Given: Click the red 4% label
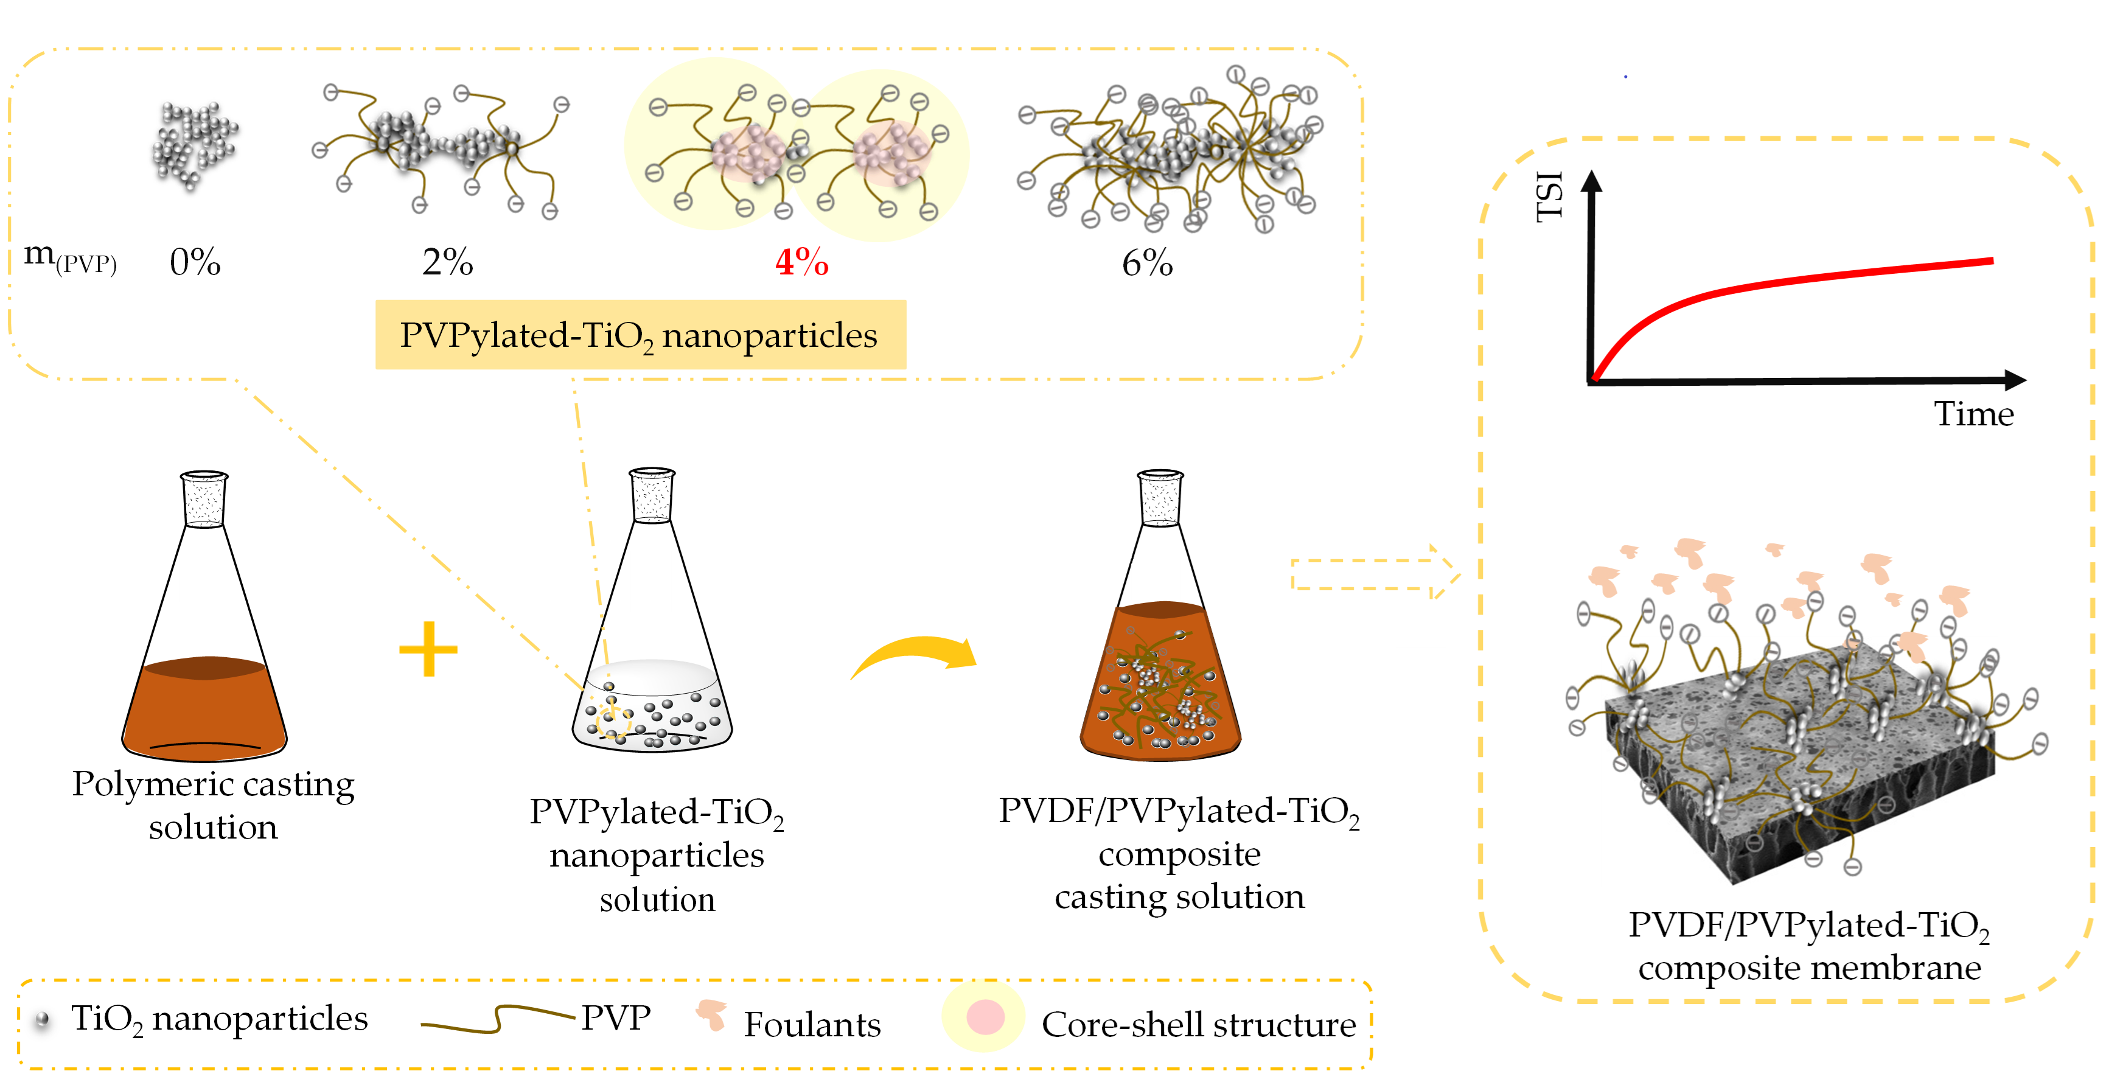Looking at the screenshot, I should pos(801,262).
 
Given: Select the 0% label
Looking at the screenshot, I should pos(195,262).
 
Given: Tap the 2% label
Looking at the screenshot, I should pos(447,262).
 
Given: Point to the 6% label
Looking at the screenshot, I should pos(1147,262).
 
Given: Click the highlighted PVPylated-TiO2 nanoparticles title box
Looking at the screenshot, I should pos(640,335).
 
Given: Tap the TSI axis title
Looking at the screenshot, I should pos(1549,196).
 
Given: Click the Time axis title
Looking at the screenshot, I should pos(1973,414).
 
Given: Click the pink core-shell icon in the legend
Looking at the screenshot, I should pos(985,1017).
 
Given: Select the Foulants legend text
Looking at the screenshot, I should pos(812,1024).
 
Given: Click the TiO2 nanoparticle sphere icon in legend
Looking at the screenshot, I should pos(43,1019).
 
